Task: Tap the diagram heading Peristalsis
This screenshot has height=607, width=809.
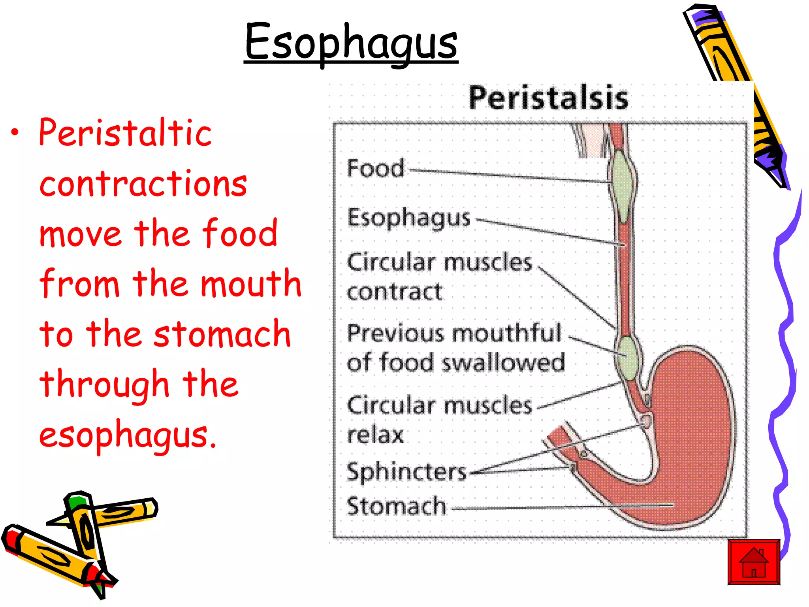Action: click(x=548, y=98)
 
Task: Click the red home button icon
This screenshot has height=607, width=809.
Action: click(x=754, y=562)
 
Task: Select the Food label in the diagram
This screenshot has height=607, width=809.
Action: click(x=376, y=168)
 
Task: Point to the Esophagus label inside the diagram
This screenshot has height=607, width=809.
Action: click(x=409, y=218)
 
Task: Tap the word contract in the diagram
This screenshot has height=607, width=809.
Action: click(x=395, y=292)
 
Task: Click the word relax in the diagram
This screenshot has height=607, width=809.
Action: click(x=375, y=435)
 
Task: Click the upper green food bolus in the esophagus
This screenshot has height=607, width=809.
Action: click(x=622, y=186)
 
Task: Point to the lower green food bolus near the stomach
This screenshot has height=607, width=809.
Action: click(x=626, y=358)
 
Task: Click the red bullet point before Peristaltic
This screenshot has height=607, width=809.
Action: click(x=15, y=133)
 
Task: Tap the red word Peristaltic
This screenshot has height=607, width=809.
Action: click(x=125, y=133)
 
